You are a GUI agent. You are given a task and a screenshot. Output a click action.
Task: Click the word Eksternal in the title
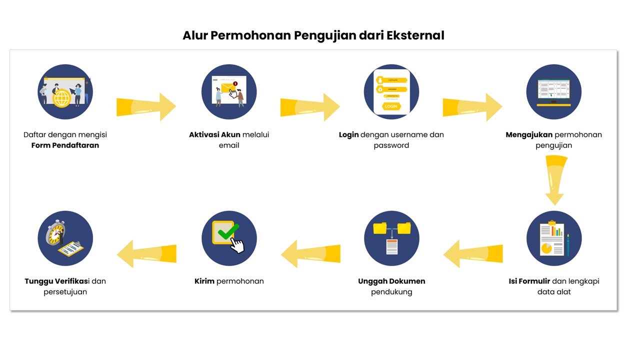(415, 36)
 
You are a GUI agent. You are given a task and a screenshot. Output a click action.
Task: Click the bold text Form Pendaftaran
(65, 145)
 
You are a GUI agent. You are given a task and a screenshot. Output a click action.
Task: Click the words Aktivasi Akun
(215, 134)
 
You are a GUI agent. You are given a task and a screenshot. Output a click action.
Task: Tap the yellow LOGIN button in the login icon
(391, 106)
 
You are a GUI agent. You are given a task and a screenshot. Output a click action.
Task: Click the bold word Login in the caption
(349, 134)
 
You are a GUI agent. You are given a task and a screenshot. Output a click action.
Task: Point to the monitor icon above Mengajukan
(553, 91)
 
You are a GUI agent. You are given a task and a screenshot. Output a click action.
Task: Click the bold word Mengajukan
(529, 134)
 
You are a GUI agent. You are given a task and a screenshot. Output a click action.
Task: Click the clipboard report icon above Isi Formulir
(553, 238)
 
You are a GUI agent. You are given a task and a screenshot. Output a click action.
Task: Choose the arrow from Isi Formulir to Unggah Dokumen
(473, 253)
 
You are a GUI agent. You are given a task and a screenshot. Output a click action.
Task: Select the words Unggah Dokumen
(391, 281)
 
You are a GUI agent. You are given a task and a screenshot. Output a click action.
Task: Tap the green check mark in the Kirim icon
(228, 231)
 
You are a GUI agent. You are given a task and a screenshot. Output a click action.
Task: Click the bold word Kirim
(204, 281)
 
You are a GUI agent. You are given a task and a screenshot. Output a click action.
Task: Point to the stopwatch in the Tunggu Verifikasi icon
(55, 233)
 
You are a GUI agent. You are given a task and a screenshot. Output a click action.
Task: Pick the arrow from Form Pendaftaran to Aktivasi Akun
(146, 106)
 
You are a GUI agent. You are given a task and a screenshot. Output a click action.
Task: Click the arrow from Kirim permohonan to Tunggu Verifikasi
(146, 253)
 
